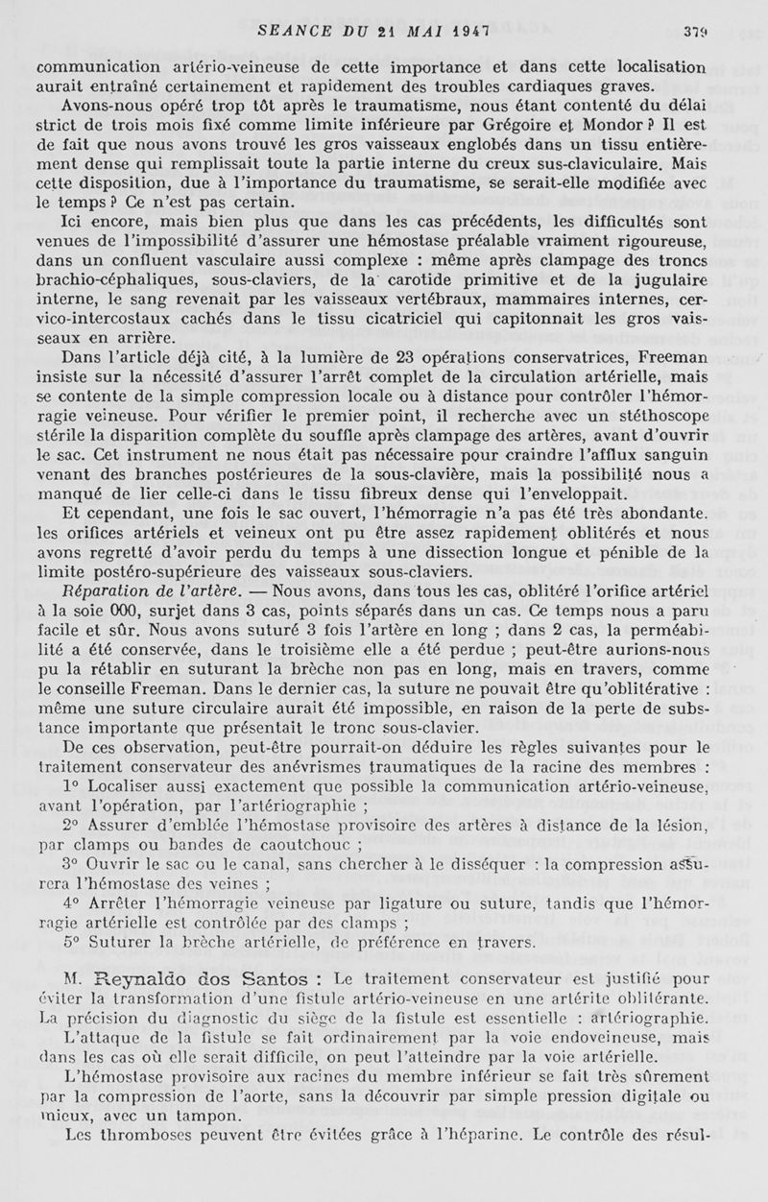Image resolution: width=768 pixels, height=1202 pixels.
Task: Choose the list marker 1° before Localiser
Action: click(x=68, y=786)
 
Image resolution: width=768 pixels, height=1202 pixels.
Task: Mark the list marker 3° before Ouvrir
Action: click(x=69, y=864)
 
